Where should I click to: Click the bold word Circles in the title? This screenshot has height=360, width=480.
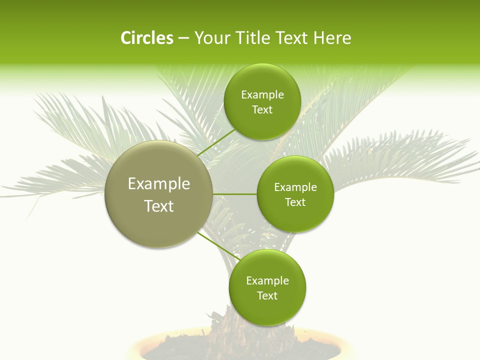pyautogui.click(x=147, y=38)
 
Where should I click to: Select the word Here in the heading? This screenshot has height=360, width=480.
pyautogui.click(x=332, y=38)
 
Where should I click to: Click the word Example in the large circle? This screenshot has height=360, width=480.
pyautogui.click(x=159, y=184)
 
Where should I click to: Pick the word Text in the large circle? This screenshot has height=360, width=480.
pyautogui.click(x=159, y=206)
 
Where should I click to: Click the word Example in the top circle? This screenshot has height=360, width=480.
pyautogui.click(x=262, y=95)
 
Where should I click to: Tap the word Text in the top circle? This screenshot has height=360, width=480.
pyautogui.click(x=262, y=110)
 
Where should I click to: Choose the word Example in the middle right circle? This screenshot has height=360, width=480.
pyautogui.click(x=295, y=187)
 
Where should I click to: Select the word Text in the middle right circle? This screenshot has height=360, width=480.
pyautogui.click(x=295, y=202)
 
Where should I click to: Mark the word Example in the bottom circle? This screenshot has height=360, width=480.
pyautogui.click(x=267, y=281)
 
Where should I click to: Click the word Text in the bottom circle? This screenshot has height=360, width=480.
pyautogui.click(x=267, y=296)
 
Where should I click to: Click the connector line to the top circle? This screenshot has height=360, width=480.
pyautogui.click(x=216, y=142)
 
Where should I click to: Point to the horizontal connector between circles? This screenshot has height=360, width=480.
pyautogui.click(x=235, y=194)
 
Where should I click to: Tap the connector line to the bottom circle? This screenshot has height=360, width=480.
pyautogui.click(x=218, y=246)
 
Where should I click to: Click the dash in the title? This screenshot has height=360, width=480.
pyautogui.click(x=183, y=38)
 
